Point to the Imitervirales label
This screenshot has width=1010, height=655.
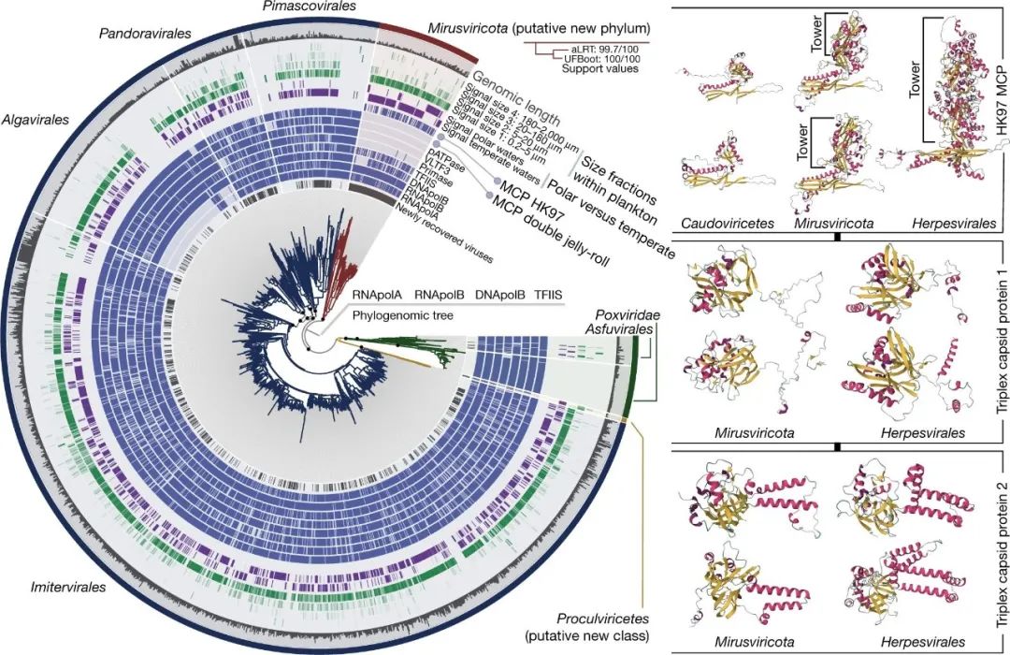click(x=58, y=588)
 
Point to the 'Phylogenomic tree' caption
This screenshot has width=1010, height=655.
click(x=402, y=315)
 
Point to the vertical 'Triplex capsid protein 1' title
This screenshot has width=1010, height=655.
click(x=994, y=344)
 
